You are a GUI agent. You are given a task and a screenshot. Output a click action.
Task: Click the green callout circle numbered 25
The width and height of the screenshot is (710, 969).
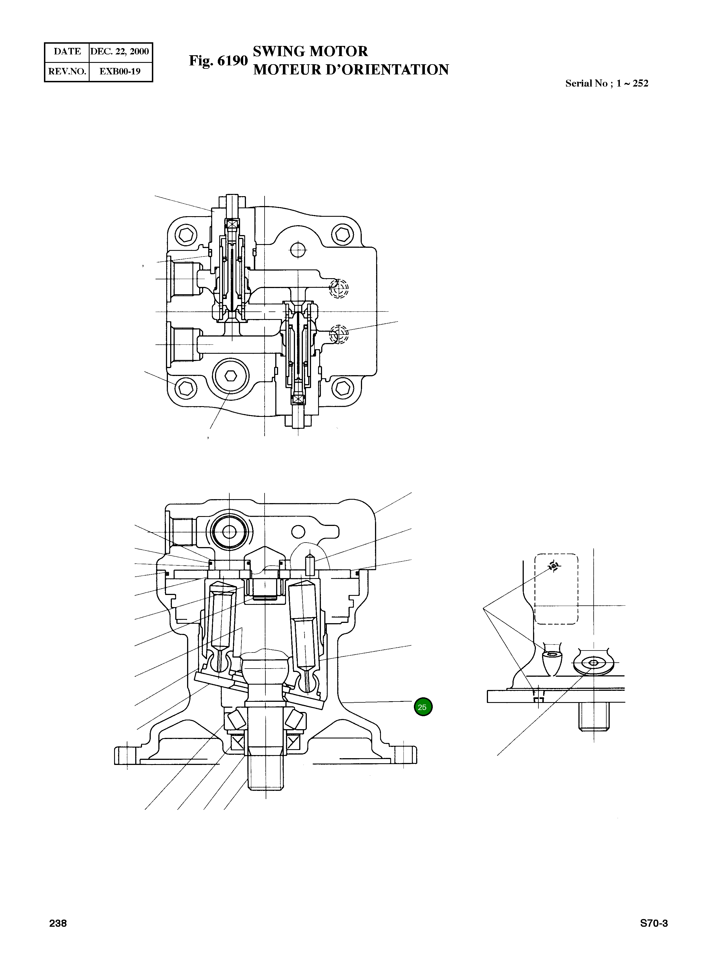click(423, 707)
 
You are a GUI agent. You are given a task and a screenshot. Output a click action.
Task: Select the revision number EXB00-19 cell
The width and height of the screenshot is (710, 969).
click(120, 71)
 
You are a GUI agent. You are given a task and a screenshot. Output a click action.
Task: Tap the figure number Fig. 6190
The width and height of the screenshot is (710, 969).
click(218, 61)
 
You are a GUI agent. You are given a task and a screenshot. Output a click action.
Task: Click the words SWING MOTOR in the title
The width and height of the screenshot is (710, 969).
click(310, 51)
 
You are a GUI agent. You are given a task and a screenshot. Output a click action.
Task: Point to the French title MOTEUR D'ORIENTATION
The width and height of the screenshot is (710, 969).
click(351, 70)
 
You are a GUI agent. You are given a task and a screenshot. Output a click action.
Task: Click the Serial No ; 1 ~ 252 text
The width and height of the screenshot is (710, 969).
click(606, 83)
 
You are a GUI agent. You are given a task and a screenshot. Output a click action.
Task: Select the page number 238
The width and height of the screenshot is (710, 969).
click(58, 923)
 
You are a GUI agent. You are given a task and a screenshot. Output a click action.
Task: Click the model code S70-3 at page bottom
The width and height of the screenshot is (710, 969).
click(654, 923)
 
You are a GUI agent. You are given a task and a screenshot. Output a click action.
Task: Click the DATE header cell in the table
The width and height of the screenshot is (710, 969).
click(67, 52)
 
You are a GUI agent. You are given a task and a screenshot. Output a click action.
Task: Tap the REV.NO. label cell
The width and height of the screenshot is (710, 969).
click(67, 71)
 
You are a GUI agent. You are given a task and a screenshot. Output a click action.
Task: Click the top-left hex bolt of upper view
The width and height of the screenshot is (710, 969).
click(186, 235)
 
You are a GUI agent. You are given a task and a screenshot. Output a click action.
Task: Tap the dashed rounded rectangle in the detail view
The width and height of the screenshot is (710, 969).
click(556, 589)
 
